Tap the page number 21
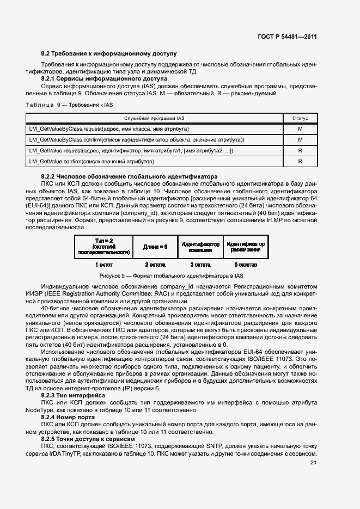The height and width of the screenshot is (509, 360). [x=313, y=463]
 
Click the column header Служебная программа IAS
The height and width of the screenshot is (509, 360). [x=154, y=118]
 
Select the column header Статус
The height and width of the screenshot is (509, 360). [x=300, y=118]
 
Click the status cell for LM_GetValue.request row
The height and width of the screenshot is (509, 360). [x=300, y=151]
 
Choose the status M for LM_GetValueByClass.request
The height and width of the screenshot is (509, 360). [x=300, y=129]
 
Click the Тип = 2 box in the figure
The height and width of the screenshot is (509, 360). [x=103, y=246]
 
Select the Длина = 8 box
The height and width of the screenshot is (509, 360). [x=155, y=247]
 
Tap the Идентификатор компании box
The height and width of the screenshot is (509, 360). [x=200, y=247]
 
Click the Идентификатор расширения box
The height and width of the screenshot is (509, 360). [x=246, y=247]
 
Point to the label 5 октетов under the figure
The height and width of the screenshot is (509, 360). [x=246, y=265]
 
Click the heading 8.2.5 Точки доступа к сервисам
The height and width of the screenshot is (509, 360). [x=88, y=438]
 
